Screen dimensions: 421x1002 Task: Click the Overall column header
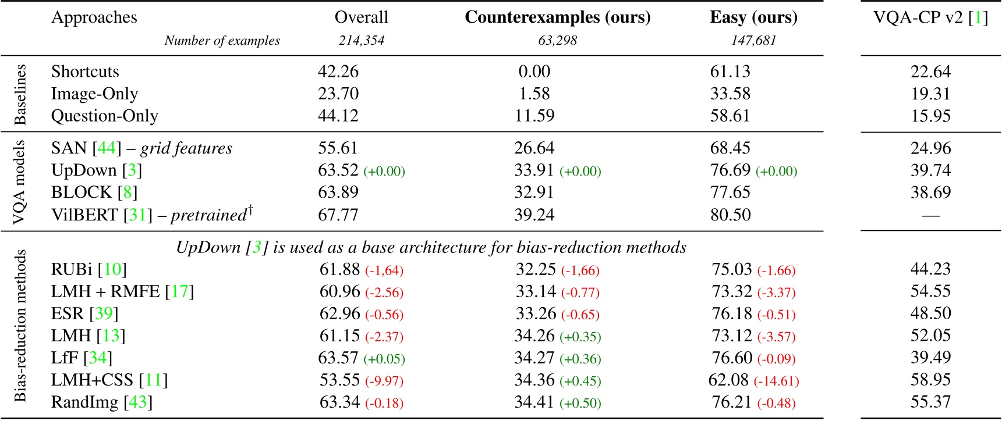point(361,17)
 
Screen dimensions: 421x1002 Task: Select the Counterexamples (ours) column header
point(557,17)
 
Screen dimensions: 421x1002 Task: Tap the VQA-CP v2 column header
point(930,17)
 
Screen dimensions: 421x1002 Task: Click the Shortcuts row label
point(85,72)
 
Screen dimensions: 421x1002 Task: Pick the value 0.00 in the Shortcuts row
point(534,72)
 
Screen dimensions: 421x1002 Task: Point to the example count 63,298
point(557,41)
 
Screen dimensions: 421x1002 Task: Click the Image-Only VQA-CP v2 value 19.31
point(930,94)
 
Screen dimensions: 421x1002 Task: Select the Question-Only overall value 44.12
point(338,116)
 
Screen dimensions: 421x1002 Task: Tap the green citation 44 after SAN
point(107,148)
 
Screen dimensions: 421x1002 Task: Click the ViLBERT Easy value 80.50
point(730,215)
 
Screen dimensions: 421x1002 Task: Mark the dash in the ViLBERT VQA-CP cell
point(930,216)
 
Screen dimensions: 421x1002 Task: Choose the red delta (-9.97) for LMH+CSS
point(384,381)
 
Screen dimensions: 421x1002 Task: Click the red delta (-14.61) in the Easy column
point(776,381)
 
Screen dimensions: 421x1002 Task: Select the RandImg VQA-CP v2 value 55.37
point(930,402)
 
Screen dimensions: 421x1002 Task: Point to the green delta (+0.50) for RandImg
point(580,403)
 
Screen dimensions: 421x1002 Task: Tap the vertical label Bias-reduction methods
point(20,326)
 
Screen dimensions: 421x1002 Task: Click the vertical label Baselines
point(20,94)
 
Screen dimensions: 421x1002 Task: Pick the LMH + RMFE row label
point(122,291)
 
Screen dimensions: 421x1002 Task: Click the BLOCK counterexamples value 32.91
point(534,192)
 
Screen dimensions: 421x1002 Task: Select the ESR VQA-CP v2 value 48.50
point(930,313)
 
